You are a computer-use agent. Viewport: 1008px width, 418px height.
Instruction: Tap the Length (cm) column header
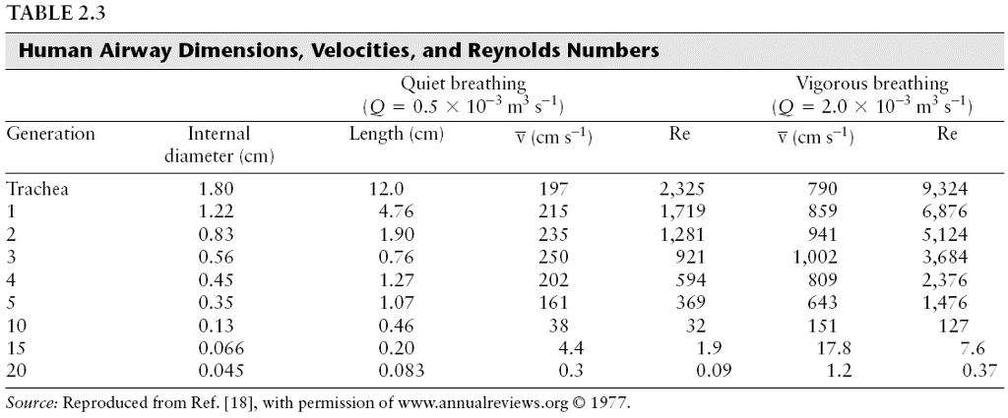pyautogui.click(x=397, y=134)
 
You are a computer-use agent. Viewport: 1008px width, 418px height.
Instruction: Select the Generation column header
pyautogui.click(x=50, y=134)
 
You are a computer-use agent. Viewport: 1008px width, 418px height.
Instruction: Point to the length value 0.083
pyautogui.click(x=402, y=371)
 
